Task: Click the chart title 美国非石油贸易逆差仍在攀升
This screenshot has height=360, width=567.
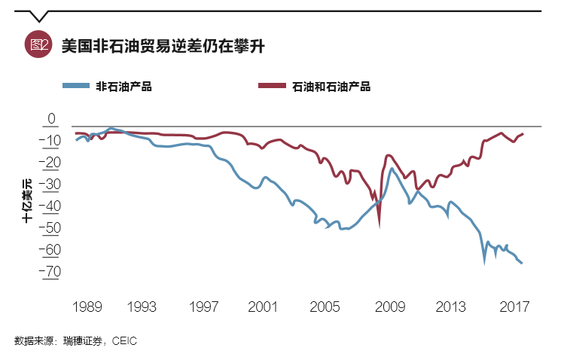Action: coord(163,44)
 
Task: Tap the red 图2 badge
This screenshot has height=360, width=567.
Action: coord(37,44)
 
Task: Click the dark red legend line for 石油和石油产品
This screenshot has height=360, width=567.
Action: coord(273,86)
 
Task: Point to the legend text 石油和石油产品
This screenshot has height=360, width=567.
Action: coord(331,87)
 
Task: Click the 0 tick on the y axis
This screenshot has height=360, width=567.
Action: coord(52,119)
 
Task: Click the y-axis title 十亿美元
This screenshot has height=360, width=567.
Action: coord(27,199)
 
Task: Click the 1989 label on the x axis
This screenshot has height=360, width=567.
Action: coord(87,307)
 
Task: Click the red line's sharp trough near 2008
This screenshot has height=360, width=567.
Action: coord(379,224)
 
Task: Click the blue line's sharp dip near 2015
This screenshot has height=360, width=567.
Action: coord(484,261)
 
